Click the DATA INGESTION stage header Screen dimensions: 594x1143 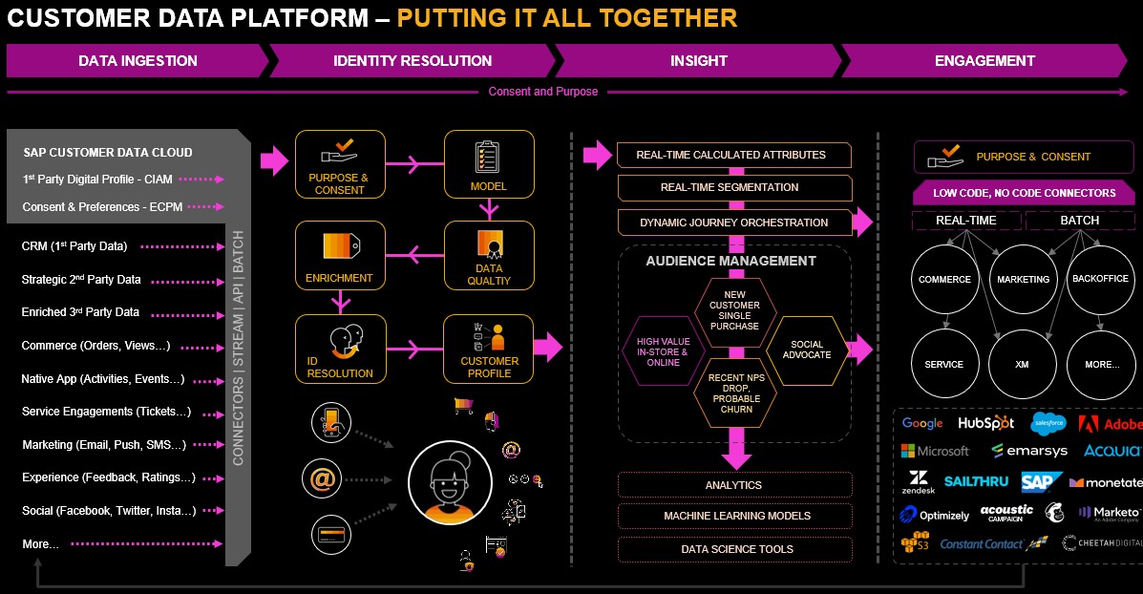click(x=138, y=60)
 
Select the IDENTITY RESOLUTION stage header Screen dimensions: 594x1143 click(x=413, y=60)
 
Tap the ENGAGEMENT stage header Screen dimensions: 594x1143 click(x=984, y=60)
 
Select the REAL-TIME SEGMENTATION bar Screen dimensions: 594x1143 click(x=734, y=187)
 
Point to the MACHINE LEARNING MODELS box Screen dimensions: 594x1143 click(x=736, y=516)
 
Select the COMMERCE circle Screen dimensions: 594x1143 click(x=944, y=279)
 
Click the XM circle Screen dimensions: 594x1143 click(x=1022, y=364)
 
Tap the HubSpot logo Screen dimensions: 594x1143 click(x=985, y=423)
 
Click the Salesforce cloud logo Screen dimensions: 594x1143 click(x=1048, y=422)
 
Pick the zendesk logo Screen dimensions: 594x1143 click(x=918, y=482)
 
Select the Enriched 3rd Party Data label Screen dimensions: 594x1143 click(x=80, y=312)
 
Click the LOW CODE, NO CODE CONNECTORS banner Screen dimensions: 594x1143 click(x=1024, y=193)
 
